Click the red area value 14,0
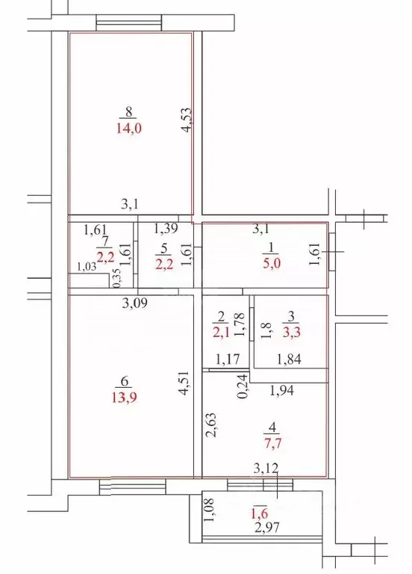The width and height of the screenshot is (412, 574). coord(128,128)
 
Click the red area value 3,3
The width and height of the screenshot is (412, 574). coord(293,330)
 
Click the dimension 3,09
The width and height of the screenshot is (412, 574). coord(134,303)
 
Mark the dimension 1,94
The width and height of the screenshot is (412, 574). coord(281,390)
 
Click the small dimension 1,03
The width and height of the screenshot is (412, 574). coord(87,267)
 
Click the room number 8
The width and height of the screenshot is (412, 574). coord(128,113)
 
